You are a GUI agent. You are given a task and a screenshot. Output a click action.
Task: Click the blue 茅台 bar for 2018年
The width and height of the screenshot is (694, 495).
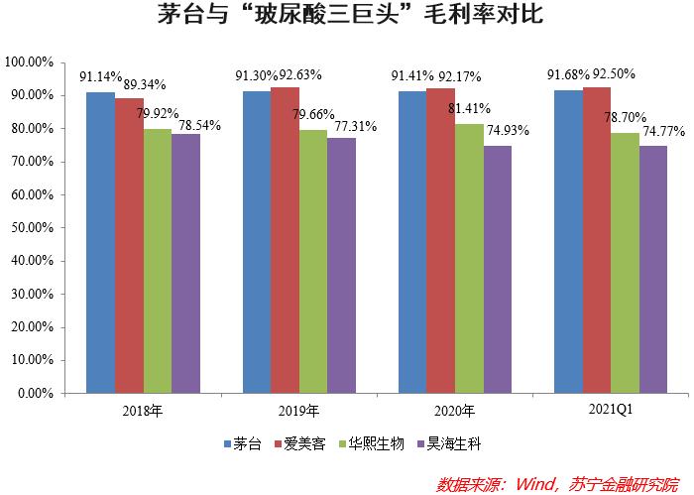[x=100, y=243]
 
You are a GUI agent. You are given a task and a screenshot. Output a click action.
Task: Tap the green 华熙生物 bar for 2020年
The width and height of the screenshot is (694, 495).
[x=469, y=258]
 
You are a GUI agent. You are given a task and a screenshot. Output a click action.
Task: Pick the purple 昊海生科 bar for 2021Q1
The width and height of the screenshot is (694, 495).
[x=653, y=270]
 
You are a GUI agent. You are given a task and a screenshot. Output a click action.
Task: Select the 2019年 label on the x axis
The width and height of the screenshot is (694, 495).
[x=298, y=411]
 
